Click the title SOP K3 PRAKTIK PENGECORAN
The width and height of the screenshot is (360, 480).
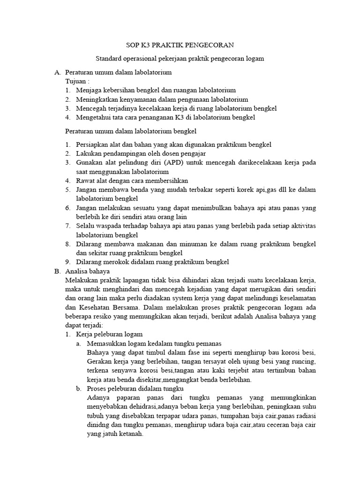pyautogui.click(x=180, y=45)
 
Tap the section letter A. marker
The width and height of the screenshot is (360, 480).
pyautogui.click(x=58, y=73)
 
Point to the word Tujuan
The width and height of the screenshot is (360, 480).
pyautogui.click(x=76, y=82)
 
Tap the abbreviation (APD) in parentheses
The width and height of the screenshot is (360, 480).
pyautogui.click(x=164, y=163)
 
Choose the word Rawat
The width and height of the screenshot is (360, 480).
pyautogui.click(x=85, y=180)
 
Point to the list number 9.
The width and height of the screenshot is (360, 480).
pyautogui.click(x=67, y=262)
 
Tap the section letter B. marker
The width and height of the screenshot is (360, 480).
pyautogui.click(x=58, y=271)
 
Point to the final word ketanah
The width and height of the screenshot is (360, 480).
pyautogui.click(x=131, y=434)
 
